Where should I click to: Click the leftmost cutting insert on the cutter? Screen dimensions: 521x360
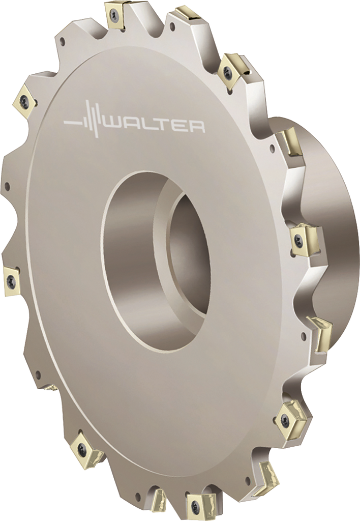12,279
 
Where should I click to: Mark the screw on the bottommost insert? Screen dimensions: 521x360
195,508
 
